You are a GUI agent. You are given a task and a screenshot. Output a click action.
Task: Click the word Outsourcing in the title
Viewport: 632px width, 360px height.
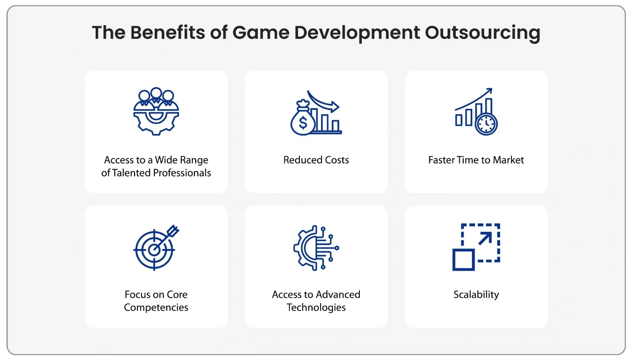482,33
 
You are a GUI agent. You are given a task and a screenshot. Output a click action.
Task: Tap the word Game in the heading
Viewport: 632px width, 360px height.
261,32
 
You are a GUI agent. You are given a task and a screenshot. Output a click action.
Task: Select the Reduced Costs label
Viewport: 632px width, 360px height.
316,160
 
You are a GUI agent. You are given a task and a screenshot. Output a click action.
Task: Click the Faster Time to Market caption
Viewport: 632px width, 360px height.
476,160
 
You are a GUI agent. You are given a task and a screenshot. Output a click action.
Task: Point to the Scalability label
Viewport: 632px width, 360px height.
476,295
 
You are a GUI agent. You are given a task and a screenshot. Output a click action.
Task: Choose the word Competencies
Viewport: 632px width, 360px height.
156,307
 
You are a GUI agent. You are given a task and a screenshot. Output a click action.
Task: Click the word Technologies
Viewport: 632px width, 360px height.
316,307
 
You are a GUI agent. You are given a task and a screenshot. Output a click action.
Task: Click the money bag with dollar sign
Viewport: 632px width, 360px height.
303,118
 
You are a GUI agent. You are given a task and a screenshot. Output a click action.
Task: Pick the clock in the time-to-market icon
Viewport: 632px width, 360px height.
486,124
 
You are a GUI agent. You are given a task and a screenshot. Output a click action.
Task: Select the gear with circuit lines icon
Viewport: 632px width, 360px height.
316,248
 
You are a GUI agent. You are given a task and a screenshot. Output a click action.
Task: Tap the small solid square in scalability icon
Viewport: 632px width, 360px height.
463,260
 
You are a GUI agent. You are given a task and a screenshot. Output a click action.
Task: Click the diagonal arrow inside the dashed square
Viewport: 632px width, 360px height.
485,238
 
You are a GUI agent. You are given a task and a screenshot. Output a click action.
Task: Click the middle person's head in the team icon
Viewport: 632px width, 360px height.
156,93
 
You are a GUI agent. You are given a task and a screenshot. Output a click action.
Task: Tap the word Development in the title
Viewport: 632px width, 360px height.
357,33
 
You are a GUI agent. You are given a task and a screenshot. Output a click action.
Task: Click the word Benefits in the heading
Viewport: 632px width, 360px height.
168,32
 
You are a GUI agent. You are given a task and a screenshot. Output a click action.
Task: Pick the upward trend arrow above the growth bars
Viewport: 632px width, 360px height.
474,99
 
